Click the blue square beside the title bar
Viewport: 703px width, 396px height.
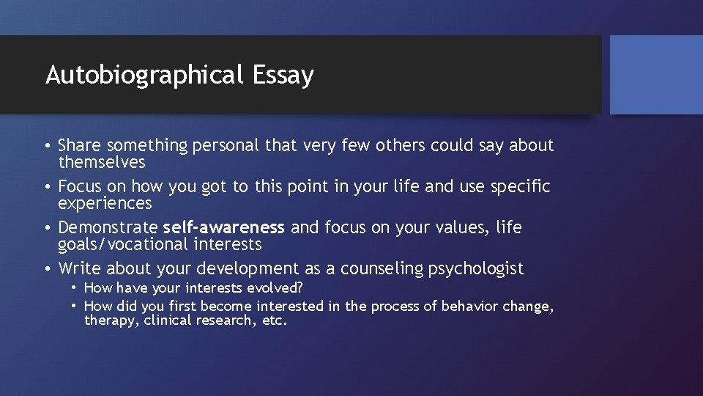(656, 75)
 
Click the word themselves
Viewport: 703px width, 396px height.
(102, 162)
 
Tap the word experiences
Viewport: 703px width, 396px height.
(105, 203)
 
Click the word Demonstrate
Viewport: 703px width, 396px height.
(108, 228)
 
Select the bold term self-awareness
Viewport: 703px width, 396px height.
(223, 228)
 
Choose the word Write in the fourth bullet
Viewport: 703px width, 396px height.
(80, 269)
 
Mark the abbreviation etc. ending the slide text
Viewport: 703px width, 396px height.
(275, 320)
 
